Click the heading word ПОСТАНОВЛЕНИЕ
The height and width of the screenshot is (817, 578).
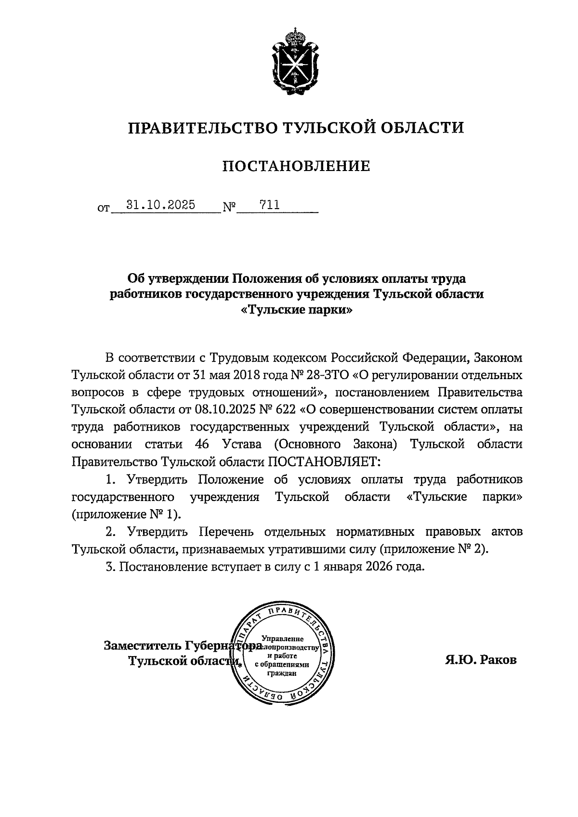pos(296,166)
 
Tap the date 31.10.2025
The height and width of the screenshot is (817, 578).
pos(160,205)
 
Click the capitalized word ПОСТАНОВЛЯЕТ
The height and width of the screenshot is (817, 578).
pos(324,462)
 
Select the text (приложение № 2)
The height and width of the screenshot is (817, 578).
pos(433,549)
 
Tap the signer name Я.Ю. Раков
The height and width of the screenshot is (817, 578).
pos(480,659)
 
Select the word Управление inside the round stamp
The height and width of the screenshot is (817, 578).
pos(282,639)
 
